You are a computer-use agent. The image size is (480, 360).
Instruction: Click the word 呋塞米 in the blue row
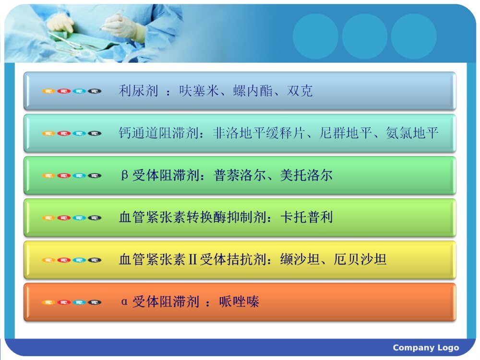pos(199,91)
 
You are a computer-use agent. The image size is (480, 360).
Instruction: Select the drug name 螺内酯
pos(253,91)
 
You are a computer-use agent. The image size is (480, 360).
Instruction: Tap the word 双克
pos(300,91)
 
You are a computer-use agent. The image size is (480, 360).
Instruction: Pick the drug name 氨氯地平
pos(412,133)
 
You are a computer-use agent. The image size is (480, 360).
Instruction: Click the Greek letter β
pos(125,176)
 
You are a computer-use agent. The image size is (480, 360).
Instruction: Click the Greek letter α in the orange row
pos(125,302)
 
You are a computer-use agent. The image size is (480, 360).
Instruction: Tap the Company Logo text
pos(426,348)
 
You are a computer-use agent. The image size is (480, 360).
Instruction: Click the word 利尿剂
pos(138,91)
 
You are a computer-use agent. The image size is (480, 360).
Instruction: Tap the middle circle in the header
pos(364,36)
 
